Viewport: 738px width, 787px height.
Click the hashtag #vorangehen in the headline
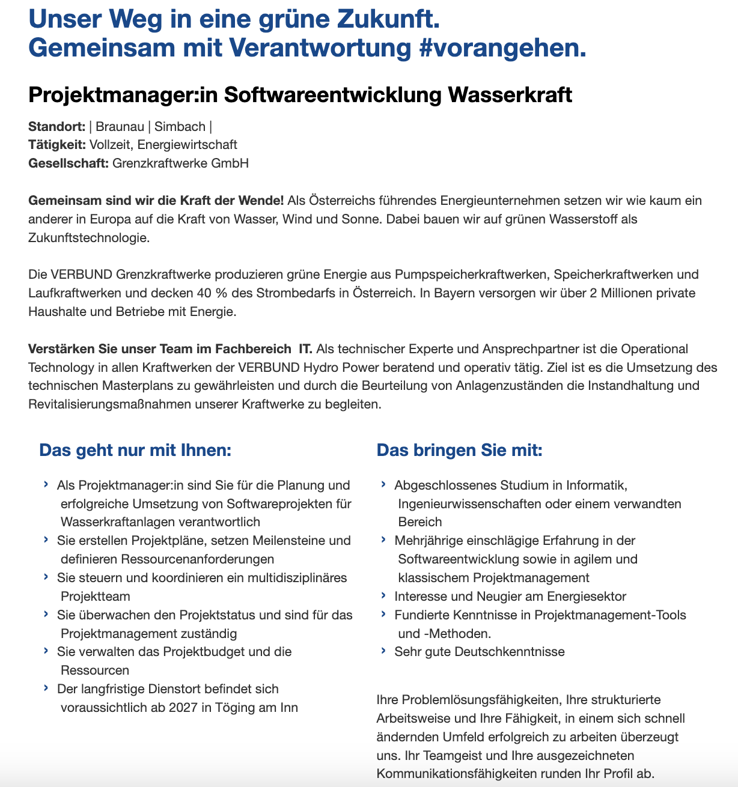[x=502, y=48]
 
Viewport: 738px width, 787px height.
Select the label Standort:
[x=56, y=126]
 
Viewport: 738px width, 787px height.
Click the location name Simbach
[x=180, y=126]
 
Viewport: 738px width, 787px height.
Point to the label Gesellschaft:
[x=69, y=163]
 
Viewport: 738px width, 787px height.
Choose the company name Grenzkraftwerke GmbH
[x=180, y=163]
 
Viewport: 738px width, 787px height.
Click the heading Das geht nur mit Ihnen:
[x=135, y=450]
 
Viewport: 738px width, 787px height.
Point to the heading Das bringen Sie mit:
[x=459, y=450]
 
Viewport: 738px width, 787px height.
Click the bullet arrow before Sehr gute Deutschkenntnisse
[x=383, y=651]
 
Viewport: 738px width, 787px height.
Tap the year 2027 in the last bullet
[x=183, y=707]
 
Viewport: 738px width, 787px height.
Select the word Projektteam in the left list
[x=96, y=596]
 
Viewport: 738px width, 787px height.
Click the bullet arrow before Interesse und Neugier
[x=383, y=595]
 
